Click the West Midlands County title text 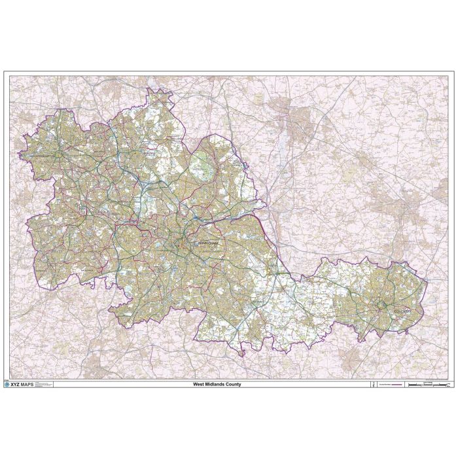coord(217,384)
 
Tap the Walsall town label coord(151,153)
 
